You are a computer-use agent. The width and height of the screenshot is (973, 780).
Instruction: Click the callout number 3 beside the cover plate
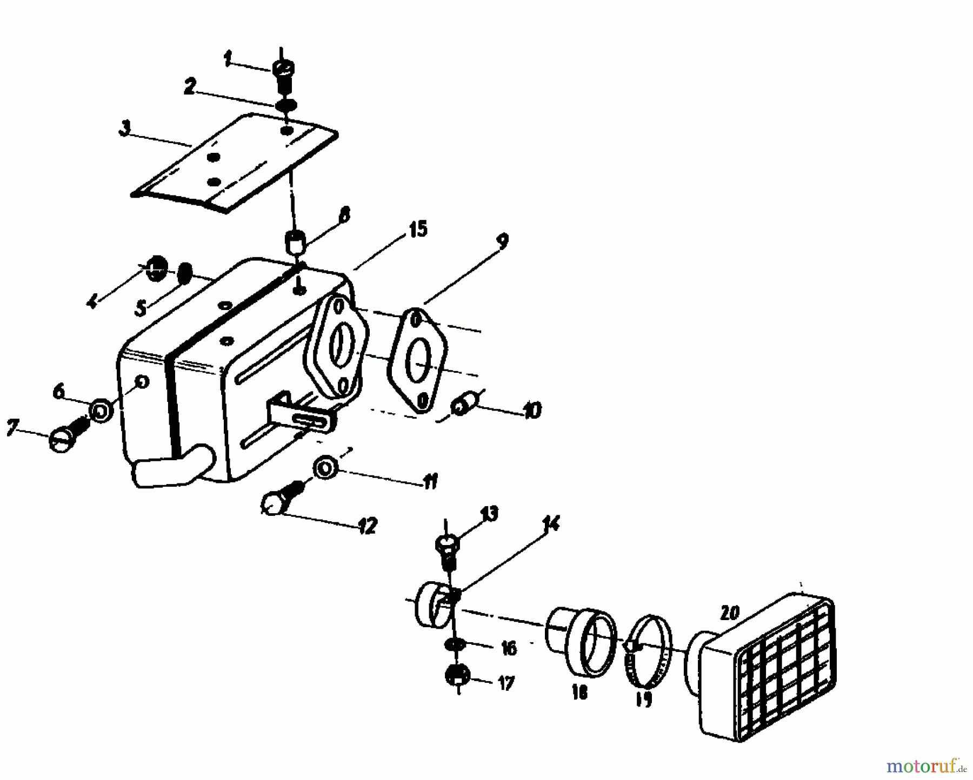pos(124,130)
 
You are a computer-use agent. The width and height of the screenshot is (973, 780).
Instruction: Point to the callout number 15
pos(417,229)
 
